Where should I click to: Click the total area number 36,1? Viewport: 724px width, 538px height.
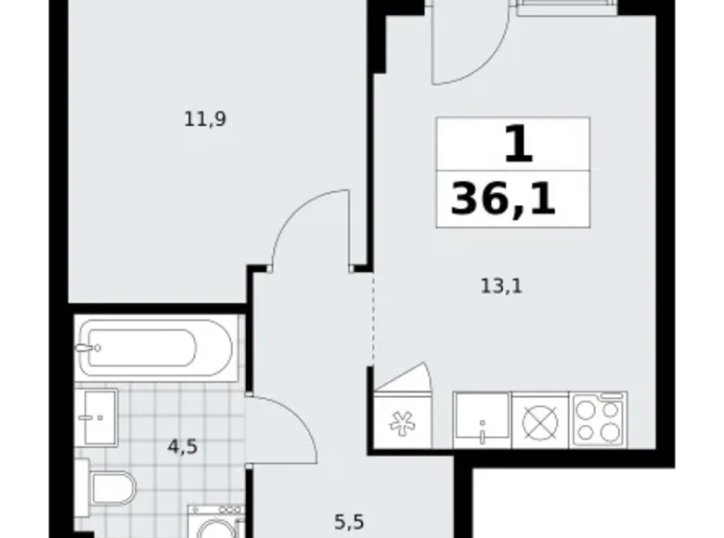point(504,199)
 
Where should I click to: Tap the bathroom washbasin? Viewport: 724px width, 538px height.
point(97,417)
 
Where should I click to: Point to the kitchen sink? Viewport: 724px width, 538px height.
point(481,419)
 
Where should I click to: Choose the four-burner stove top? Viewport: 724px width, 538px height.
point(599,419)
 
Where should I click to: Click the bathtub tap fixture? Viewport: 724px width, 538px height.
point(90,349)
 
